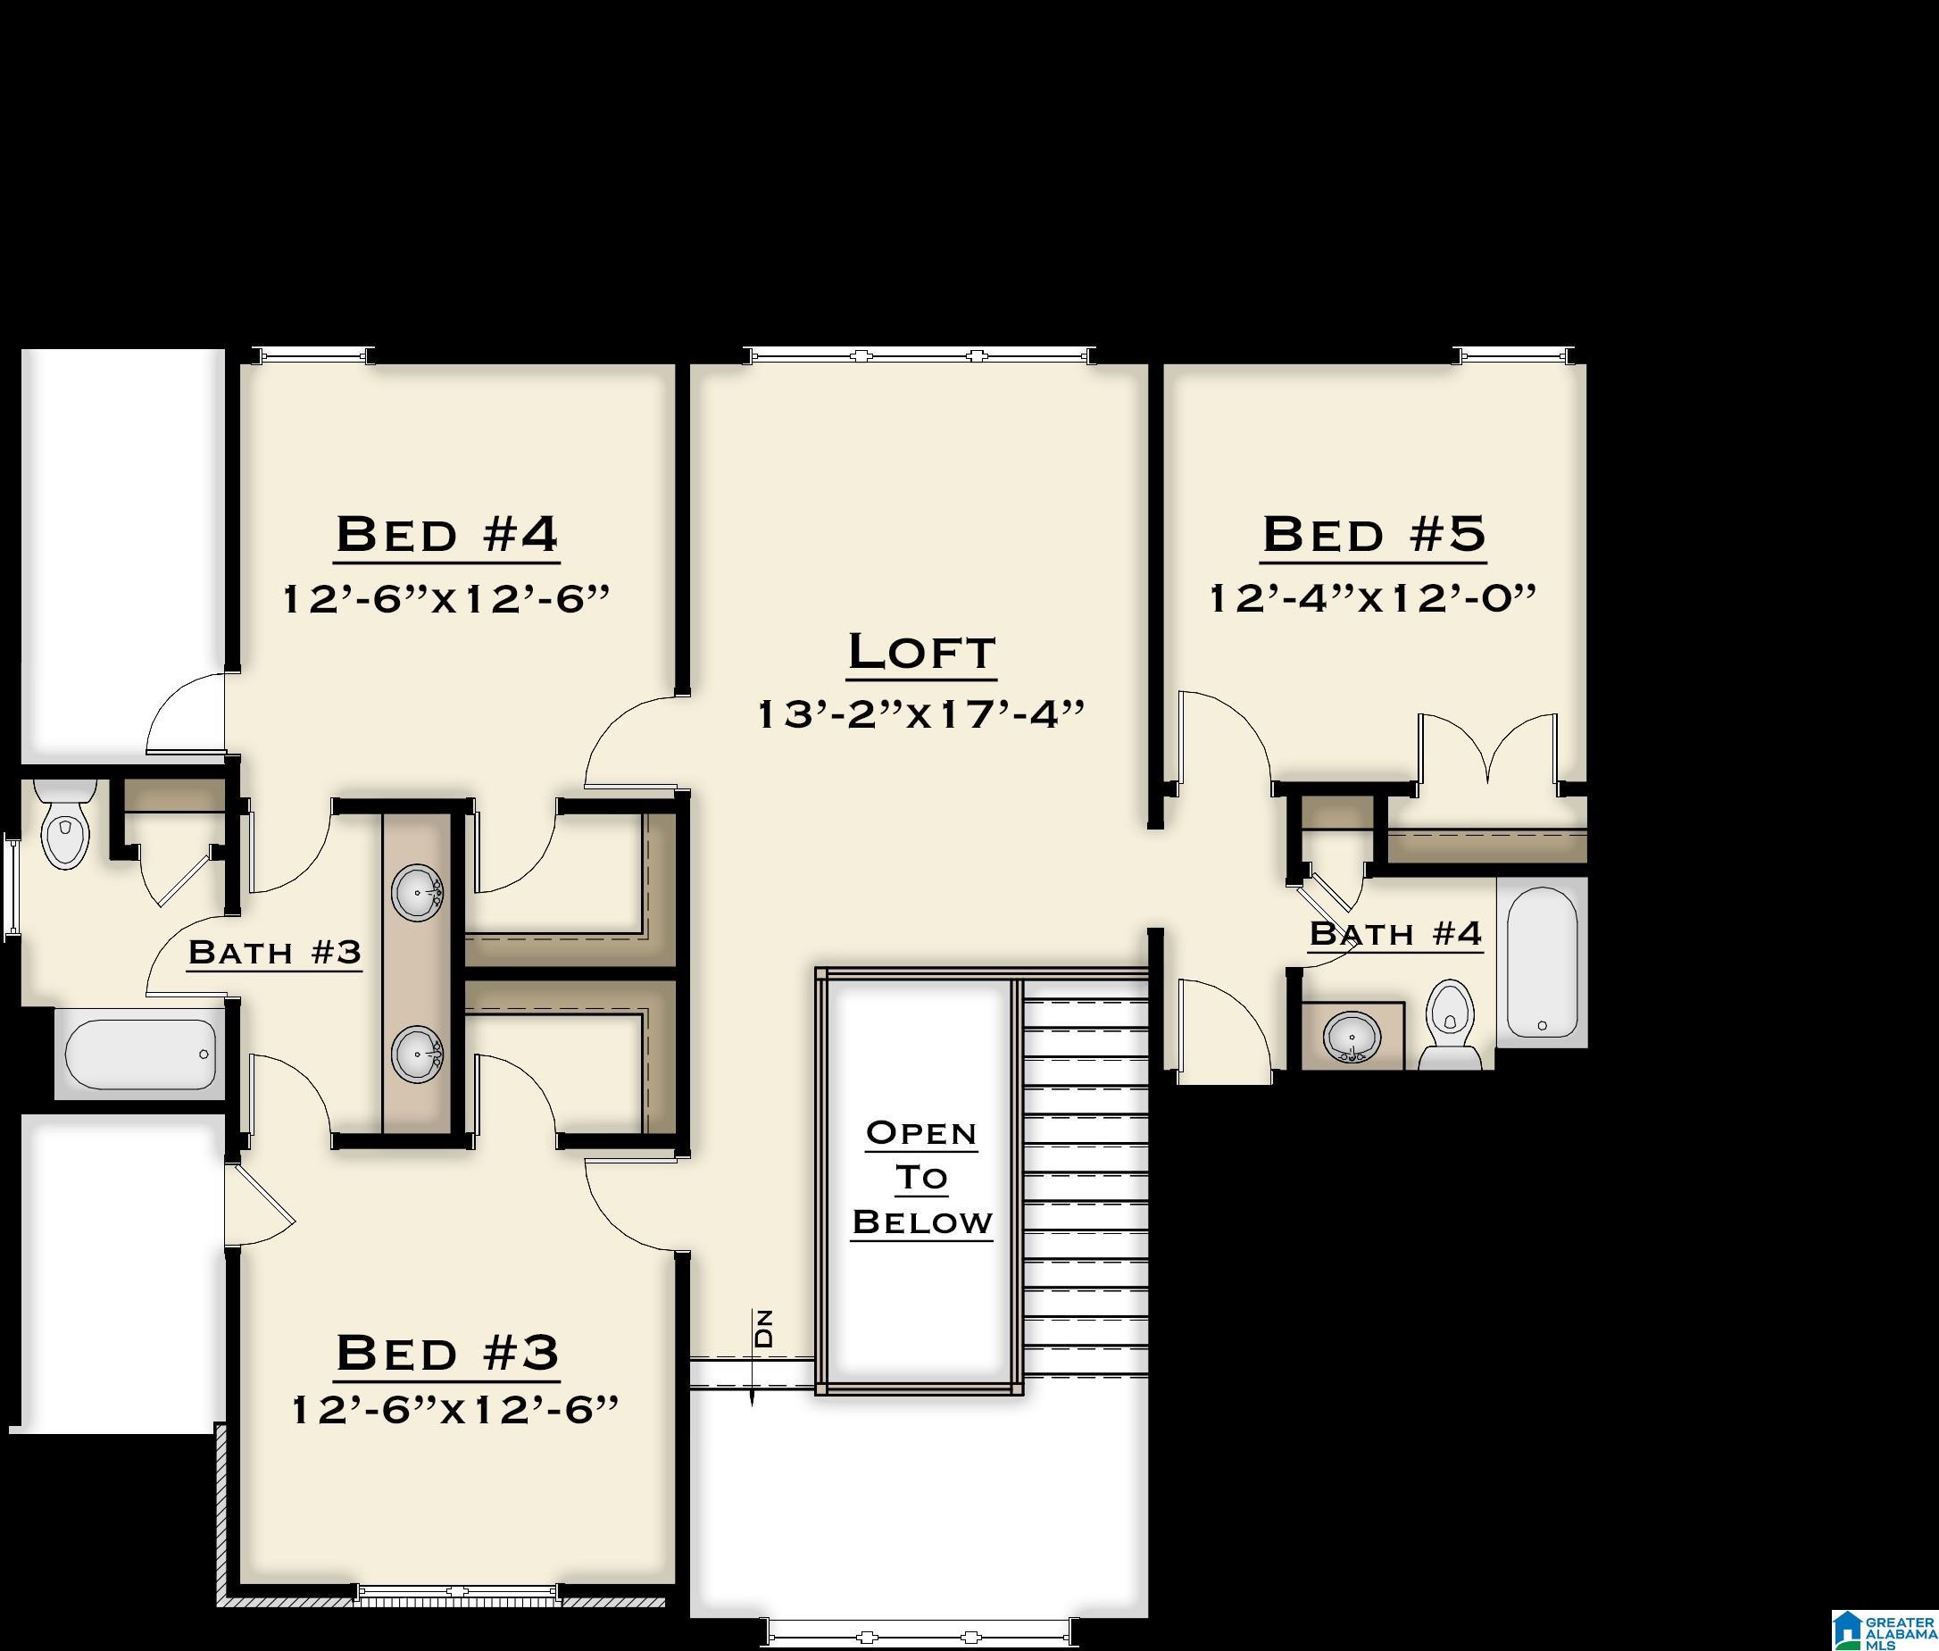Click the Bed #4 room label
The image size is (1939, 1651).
[447, 536]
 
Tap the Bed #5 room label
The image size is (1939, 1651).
[1373, 535]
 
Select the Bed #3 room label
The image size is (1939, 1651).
[447, 1353]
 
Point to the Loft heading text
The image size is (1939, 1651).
[922, 653]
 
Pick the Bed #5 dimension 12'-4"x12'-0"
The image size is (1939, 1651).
[1374, 597]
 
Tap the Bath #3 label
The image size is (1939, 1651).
[274, 953]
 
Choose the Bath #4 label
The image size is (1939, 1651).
[1395, 933]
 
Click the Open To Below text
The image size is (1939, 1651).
[922, 1177]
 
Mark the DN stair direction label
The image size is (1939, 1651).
[764, 1329]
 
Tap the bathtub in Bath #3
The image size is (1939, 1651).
[140, 1053]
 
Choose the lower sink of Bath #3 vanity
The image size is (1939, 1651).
[416, 1052]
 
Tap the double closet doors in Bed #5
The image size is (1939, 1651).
[1488, 749]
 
